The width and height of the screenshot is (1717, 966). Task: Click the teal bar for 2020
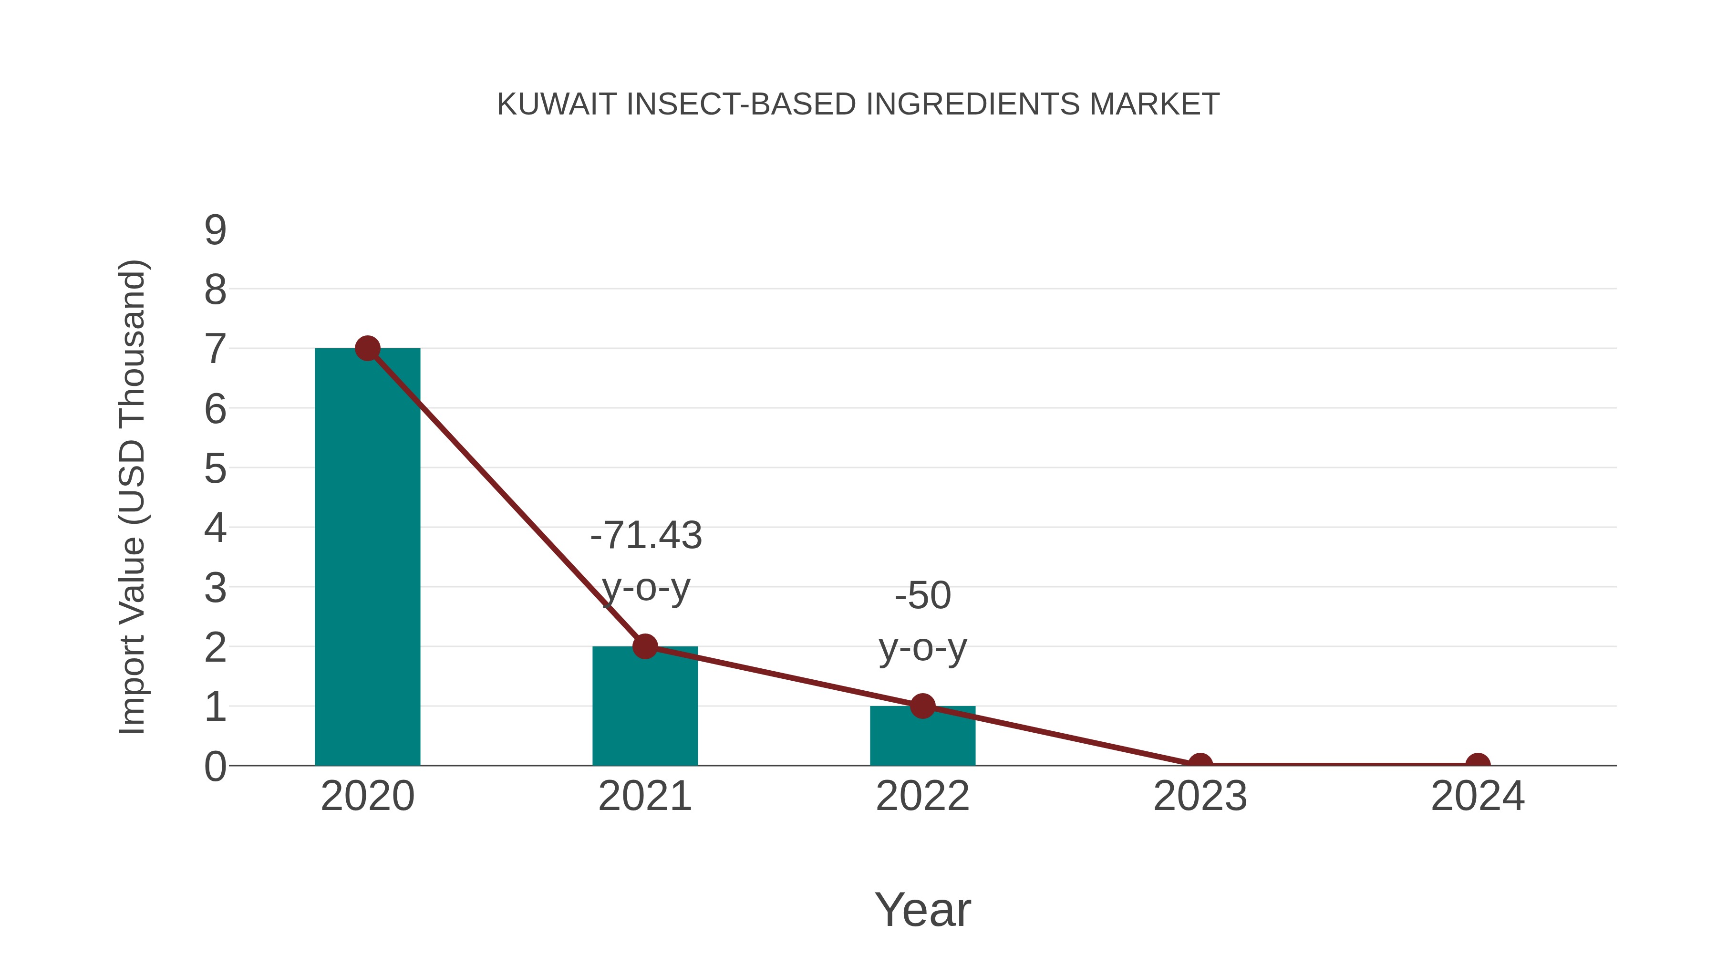click(367, 557)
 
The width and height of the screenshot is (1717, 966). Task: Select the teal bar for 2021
click(644, 706)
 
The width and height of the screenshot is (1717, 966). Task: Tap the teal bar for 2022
click(922, 736)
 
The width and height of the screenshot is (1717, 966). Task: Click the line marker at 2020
click(367, 348)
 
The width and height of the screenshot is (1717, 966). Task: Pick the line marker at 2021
click(644, 646)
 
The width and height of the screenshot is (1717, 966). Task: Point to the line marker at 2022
click(922, 706)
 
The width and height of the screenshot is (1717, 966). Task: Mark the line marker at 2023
click(1200, 764)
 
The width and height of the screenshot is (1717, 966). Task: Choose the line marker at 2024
click(1478, 764)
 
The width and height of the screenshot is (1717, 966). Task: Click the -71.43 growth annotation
click(646, 561)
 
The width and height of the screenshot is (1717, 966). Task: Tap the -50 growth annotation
click(922, 621)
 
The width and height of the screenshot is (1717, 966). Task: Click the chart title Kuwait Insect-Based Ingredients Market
click(858, 104)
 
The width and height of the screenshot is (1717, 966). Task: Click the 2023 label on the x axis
click(1200, 796)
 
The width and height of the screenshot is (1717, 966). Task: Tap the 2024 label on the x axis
click(1478, 796)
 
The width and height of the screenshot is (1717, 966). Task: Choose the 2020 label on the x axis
click(367, 796)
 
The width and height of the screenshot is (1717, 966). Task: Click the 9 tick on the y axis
click(215, 230)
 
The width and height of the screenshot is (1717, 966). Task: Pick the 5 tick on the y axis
click(215, 468)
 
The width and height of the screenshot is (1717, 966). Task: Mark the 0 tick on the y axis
click(215, 767)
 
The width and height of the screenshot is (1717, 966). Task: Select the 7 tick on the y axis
click(215, 349)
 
